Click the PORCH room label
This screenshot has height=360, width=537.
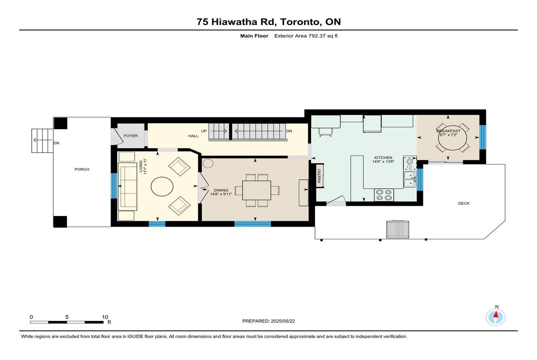pyautogui.click(x=82, y=169)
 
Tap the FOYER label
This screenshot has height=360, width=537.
pyautogui.click(x=131, y=136)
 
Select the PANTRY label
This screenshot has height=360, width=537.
pyautogui.click(x=320, y=176)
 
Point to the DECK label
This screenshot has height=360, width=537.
pyautogui.click(x=464, y=203)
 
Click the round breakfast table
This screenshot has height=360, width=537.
pyautogui.click(x=452, y=139)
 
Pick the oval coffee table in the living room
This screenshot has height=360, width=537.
pyautogui.click(x=162, y=186)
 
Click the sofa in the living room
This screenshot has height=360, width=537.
pyautogui.click(x=127, y=186)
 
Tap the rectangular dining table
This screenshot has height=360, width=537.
pyautogui.click(x=256, y=191)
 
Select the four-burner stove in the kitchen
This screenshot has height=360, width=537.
pyautogui.click(x=384, y=195)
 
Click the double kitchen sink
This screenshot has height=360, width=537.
pyautogui.click(x=410, y=179)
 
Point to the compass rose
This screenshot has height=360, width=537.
pyautogui.click(x=495, y=318)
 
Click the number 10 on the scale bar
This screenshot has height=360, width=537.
pyautogui.click(x=105, y=317)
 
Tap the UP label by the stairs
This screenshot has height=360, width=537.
pyautogui.click(x=204, y=131)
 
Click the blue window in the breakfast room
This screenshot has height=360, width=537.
pyautogui.click(x=482, y=137)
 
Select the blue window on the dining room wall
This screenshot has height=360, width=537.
pyautogui.click(x=252, y=224)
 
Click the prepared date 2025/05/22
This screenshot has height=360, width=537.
pyautogui.click(x=283, y=321)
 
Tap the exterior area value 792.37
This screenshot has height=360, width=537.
pyautogui.click(x=317, y=36)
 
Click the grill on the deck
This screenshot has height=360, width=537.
pyautogui.click(x=397, y=229)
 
